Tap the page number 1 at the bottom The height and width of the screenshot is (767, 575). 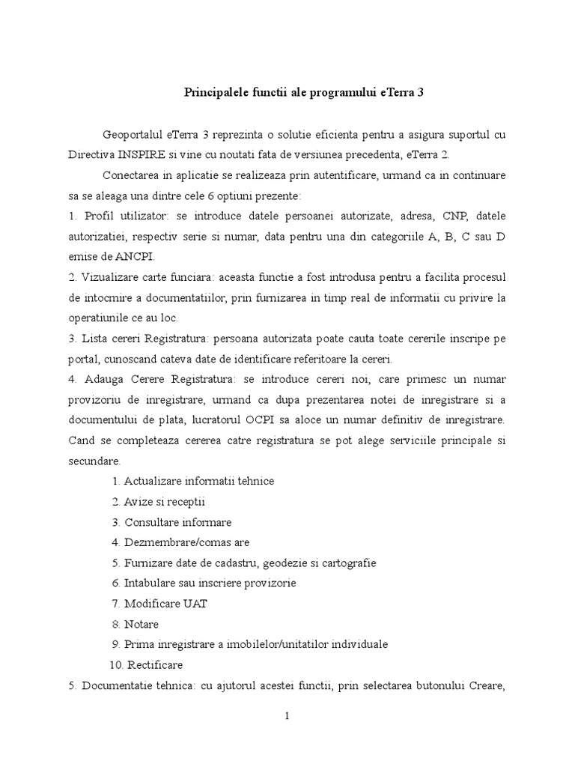pos(287,716)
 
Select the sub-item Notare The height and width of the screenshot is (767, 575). pos(142,624)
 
